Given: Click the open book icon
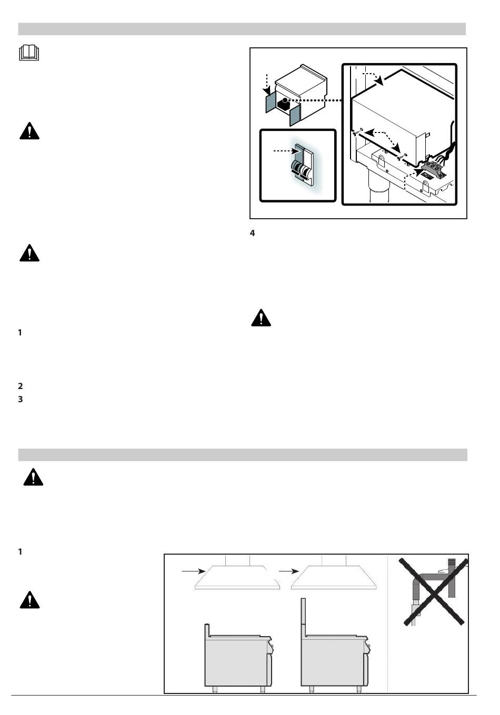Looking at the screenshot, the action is point(29,53).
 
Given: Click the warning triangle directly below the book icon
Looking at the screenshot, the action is point(29,131).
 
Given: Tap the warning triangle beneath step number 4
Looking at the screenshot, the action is point(261,318).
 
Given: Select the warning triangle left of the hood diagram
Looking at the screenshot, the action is point(29,599).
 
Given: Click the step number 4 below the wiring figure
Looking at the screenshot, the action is point(253,233).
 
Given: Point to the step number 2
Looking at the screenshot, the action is point(21,386).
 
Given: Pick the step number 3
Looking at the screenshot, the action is point(21,400).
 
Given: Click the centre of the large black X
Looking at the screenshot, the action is point(433,591).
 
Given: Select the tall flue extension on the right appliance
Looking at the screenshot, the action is point(303,617).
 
